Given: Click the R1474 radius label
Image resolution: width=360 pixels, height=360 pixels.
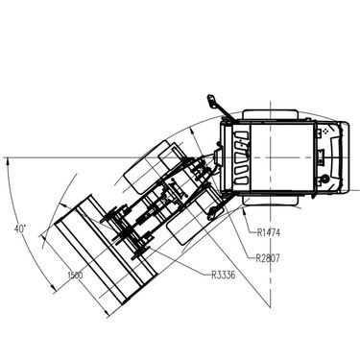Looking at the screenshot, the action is click(268, 232).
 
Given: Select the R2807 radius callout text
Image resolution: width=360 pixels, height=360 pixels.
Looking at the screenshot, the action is click(268, 257).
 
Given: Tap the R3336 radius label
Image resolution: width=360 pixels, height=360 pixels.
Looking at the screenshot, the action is click(223, 275).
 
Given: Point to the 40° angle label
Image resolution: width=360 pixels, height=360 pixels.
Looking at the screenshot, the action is click(20, 228).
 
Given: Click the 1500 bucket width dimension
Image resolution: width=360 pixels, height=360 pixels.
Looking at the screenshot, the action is click(75, 275).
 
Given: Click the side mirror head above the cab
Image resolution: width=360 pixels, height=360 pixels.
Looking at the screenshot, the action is click(211, 101).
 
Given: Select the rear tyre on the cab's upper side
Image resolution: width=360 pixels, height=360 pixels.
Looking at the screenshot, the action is click(271, 114).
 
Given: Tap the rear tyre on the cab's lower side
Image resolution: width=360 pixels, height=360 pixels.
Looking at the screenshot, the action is click(271, 201).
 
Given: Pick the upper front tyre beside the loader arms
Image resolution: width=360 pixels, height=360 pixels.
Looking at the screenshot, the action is click(148, 167).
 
